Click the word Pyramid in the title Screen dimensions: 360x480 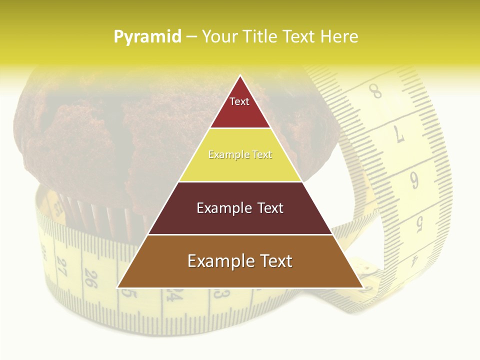pos(147,36)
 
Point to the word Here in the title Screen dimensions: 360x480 pos(339,36)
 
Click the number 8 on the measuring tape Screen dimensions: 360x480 pos(375,92)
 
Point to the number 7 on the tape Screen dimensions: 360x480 pos(399,134)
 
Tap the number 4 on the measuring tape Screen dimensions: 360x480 pos(414,260)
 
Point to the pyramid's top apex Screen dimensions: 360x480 pos(240,76)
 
